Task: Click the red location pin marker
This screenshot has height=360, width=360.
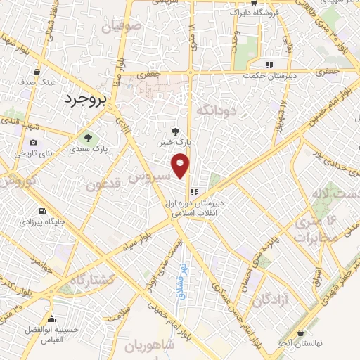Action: click(x=181, y=165)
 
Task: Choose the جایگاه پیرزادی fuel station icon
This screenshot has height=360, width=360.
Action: click(x=43, y=211)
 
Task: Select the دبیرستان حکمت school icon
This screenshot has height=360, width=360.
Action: click(x=269, y=65)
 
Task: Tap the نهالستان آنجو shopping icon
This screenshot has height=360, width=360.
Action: click(x=301, y=333)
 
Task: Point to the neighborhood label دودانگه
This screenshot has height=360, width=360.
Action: click(x=214, y=110)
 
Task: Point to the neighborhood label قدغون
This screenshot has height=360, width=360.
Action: click(x=105, y=185)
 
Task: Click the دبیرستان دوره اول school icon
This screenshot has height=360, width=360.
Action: click(x=195, y=190)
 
